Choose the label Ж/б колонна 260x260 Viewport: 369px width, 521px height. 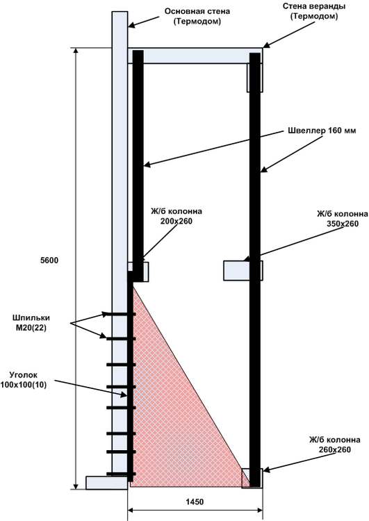334,445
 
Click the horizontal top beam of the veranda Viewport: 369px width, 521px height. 195,56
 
